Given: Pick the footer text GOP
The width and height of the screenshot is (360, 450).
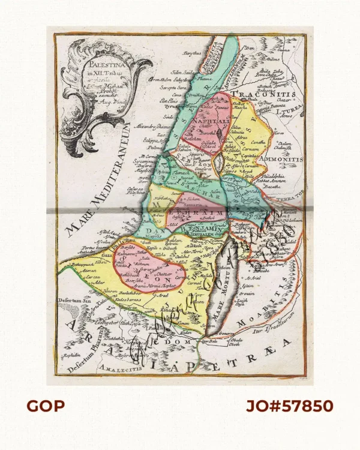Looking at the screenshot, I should click(46, 406).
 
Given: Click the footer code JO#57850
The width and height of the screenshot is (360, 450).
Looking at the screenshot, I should click(290, 406).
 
